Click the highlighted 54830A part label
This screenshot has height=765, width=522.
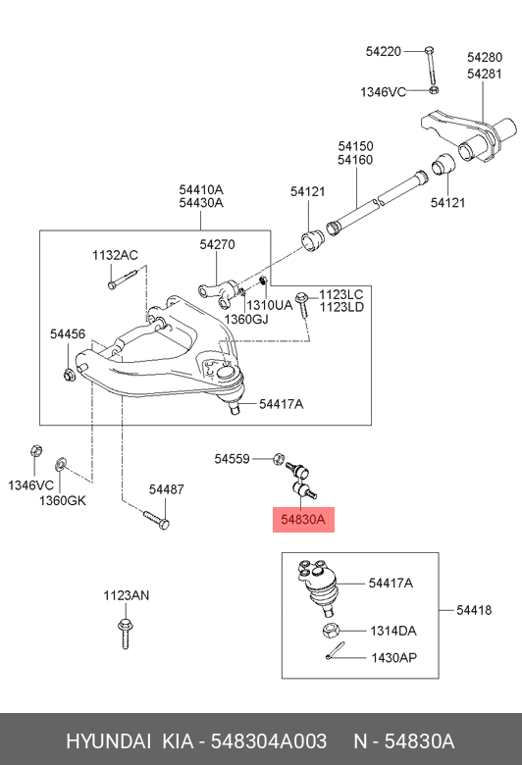pyautogui.click(x=303, y=519)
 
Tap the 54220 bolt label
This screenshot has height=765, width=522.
pyautogui.click(x=384, y=51)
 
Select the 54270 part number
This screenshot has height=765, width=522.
pyautogui.click(x=217, y=244)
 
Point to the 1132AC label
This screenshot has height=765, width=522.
pyautogui.click(x=115, y=255)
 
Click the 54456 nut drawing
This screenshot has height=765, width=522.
pyautogui.click(x=69, y=375)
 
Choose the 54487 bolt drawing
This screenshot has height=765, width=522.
pyautogui.click(x=156, y=519)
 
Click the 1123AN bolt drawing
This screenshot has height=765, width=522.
pyautogui.click(x=125, y=634)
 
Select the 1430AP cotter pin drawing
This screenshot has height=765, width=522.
pyautogui.click(x=335, y=651)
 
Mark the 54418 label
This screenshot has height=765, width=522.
pyautogui.click(x=474, y=610)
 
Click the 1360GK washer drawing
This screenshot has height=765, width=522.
pyautogui.click(x=61, y=463)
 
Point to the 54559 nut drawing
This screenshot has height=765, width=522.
pyautogui.click(x=279, y=459)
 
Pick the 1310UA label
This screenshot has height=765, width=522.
pyautogui.click(x=270, y=305)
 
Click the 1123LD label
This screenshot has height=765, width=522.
pyautogui.click(x=341, y=307)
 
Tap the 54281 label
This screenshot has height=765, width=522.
pyautogui.click(x=485, y=74)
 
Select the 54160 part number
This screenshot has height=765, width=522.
pyautogui.click(x=355, y=160)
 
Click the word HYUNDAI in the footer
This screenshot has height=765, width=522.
pyautogui.click(x=108, y=741)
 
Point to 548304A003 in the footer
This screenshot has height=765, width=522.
pyautogui.click(x=269, y=741)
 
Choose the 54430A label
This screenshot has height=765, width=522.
pyautogui.click(x=201, y=202)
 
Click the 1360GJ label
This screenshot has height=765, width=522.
pyautogui.click(x=246, y=319)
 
